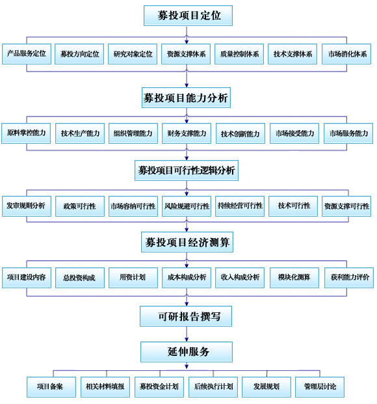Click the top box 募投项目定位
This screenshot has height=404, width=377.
188,16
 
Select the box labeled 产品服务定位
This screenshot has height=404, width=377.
27,54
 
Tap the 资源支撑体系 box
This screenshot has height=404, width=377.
186,54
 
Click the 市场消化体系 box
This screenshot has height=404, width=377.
346,54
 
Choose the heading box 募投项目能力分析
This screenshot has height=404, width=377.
186,98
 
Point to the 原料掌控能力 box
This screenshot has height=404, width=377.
26,133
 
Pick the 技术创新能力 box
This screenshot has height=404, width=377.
240,133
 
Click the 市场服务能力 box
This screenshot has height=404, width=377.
348,133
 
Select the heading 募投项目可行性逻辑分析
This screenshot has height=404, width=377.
187,170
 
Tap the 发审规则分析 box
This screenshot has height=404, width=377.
27,206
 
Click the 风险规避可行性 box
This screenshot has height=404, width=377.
187,206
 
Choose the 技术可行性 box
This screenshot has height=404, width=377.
293,206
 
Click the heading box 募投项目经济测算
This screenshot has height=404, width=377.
187,242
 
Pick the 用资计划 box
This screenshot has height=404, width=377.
133,278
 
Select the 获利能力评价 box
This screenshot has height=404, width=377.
349,278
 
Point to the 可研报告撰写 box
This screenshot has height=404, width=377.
186,316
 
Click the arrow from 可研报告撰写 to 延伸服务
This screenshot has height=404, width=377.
187,334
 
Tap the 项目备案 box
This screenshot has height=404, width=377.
51,387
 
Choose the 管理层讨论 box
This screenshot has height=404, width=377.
320,387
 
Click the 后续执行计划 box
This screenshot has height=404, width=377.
213,387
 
